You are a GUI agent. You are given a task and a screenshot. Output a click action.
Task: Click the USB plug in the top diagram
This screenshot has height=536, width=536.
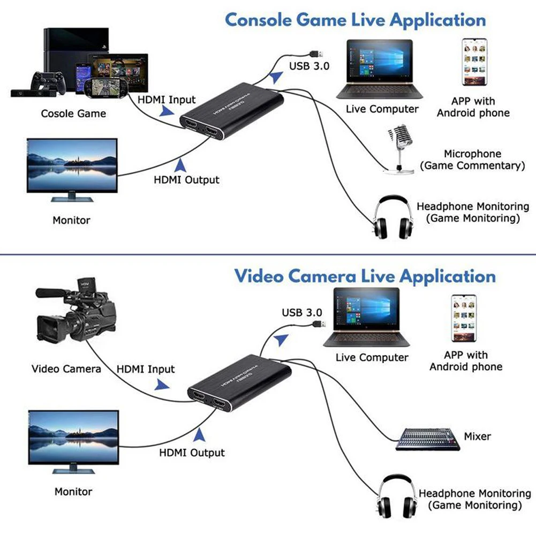click(314, 54)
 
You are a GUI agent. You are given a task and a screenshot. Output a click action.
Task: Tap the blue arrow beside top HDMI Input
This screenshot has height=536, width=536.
click(168, 111)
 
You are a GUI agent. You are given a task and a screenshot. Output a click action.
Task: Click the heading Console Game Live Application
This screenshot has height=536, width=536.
click(355, 20)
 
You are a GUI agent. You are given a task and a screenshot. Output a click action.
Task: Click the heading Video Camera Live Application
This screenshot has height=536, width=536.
click(365, 276)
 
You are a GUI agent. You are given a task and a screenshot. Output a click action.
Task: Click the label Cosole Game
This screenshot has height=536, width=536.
click(73, 114)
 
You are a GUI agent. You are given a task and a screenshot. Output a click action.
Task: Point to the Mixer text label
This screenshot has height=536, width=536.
click(477, 436)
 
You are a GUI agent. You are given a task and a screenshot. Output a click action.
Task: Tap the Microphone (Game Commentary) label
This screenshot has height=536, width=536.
click(472, 160)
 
